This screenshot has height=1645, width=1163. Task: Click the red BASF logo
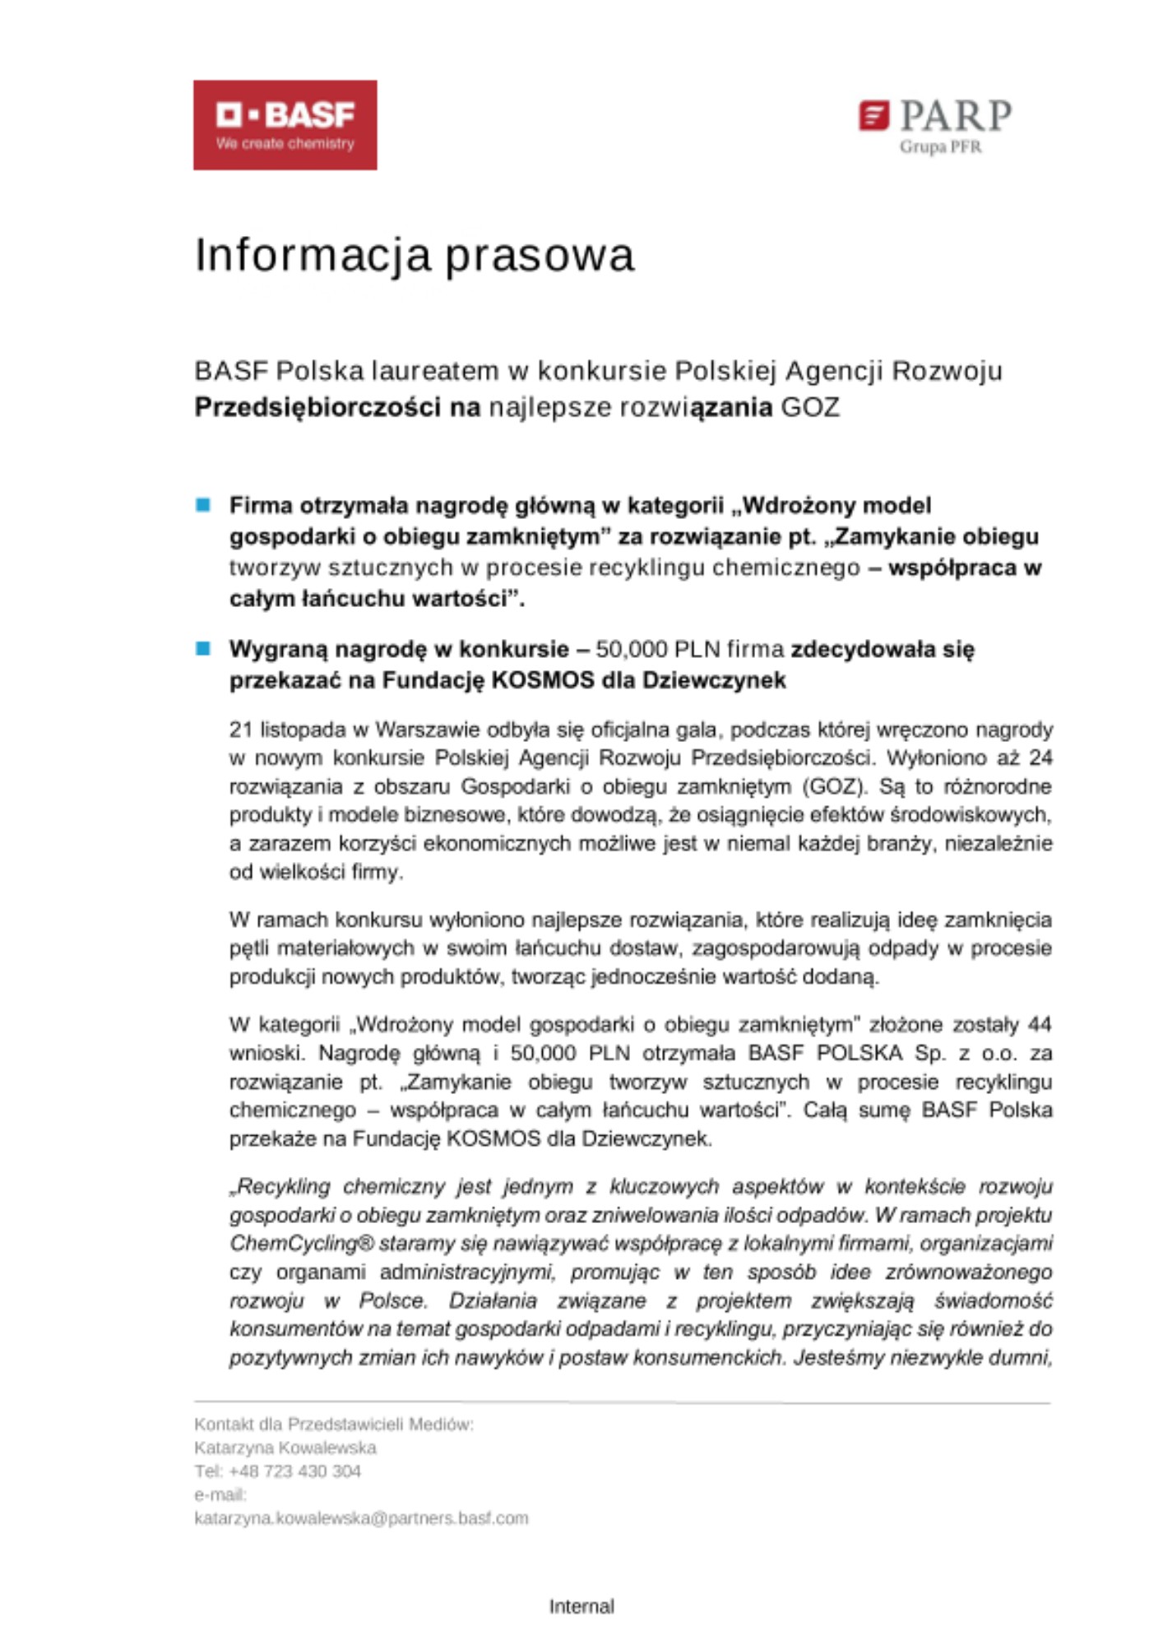tap(285, 125)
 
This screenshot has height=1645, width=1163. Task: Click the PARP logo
tap(935, 118)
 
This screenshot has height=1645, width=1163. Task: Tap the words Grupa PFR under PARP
tap(940, 147)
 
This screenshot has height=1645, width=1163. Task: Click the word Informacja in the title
tap(313, 255)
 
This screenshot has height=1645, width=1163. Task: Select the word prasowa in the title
tap(540, 257)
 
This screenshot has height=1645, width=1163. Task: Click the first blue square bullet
tap(203, 505)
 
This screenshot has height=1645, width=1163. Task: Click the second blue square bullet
tap(203, 649)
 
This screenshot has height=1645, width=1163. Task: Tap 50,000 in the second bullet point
tap(631, 650)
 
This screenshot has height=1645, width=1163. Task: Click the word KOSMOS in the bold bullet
tap(542, 681)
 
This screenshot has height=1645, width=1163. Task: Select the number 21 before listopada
tap(241, 730)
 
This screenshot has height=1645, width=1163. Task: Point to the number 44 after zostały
tap(1040, 1025)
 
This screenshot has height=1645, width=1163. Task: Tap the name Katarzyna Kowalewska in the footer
tap(285, 1448)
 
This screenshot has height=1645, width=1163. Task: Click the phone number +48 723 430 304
tap(294, 1471)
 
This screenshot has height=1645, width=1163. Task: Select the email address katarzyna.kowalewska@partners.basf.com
tap(361, 1518)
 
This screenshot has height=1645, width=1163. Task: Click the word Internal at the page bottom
tap(581, 1606)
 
